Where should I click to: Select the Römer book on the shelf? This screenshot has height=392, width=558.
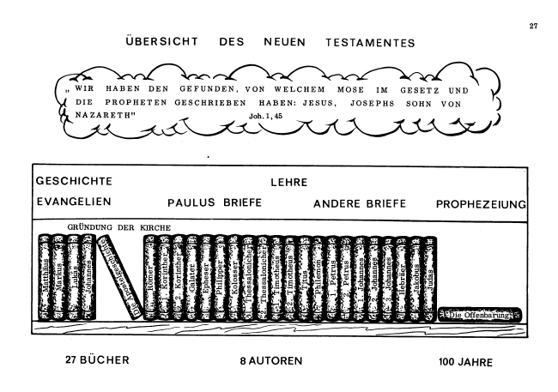click(x=151, y=279)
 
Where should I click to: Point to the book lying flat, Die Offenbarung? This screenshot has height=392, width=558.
click(x=480, y=316)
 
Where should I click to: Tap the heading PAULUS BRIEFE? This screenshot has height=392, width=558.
click(x=214, y=204)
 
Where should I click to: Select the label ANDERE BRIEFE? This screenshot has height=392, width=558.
click(x=360, y=204)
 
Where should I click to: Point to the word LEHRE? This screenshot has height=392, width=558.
click(x=288, y=183)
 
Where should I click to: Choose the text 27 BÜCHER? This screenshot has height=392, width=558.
click(x=97, y=360)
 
